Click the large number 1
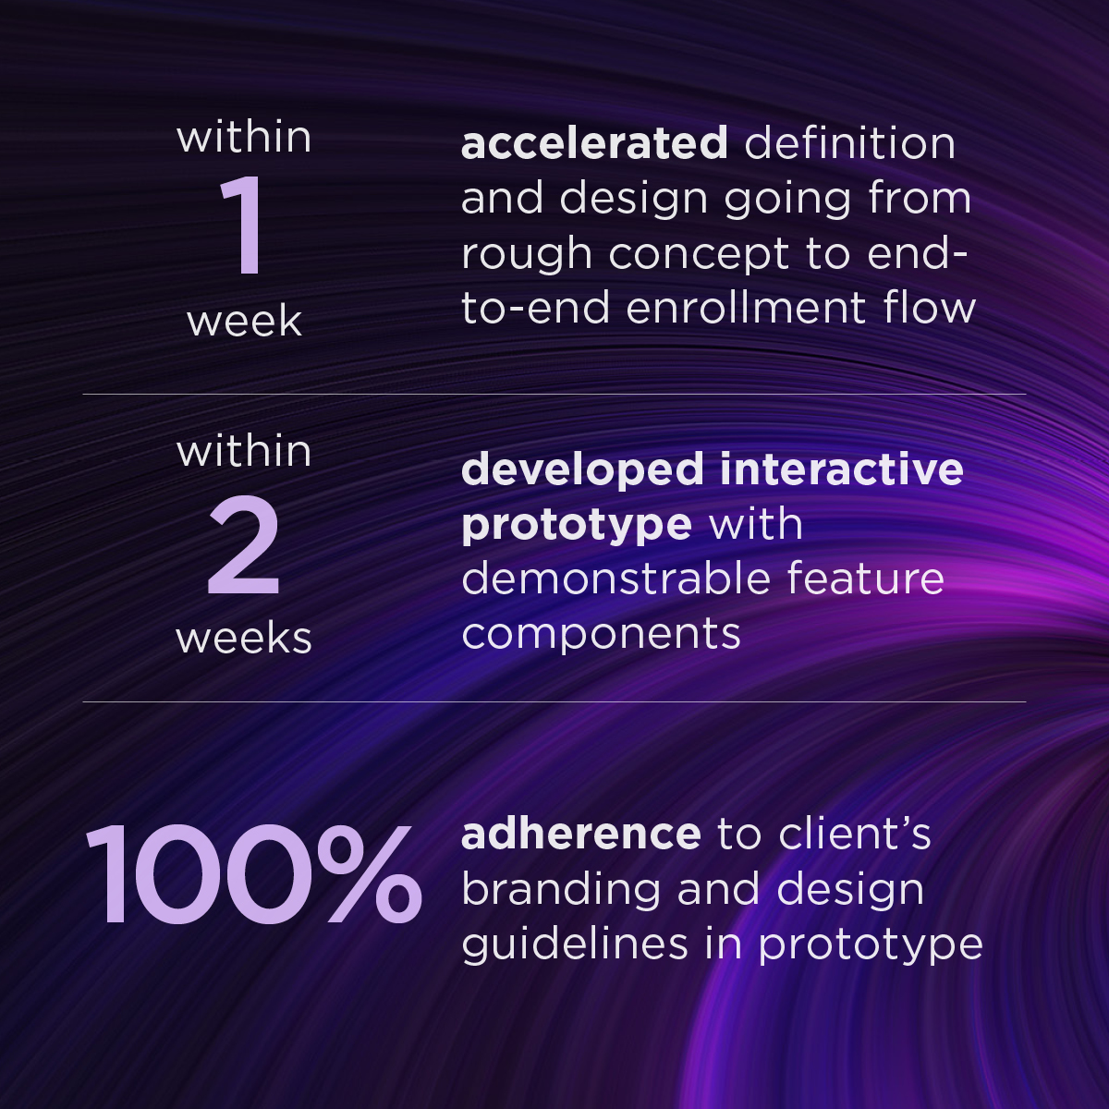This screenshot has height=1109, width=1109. pos(242,227)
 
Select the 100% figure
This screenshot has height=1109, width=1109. pos(253,874)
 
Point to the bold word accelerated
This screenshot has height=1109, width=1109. pos(594,144)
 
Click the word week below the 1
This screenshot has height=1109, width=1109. pos(244,322)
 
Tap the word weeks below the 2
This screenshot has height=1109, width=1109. pos(244,638)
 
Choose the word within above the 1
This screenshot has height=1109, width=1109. pos(244,137)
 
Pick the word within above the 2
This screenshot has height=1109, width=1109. pos(244,451)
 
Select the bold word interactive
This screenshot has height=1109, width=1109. pos(842,469)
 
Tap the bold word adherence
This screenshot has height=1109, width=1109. pos(580,834)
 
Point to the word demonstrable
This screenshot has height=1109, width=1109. pos(615,579)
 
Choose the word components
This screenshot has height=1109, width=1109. pos(601,635)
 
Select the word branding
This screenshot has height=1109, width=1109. pos(560,890)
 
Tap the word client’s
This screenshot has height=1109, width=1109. pos(854,834)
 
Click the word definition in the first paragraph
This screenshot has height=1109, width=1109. pos(849,144)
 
